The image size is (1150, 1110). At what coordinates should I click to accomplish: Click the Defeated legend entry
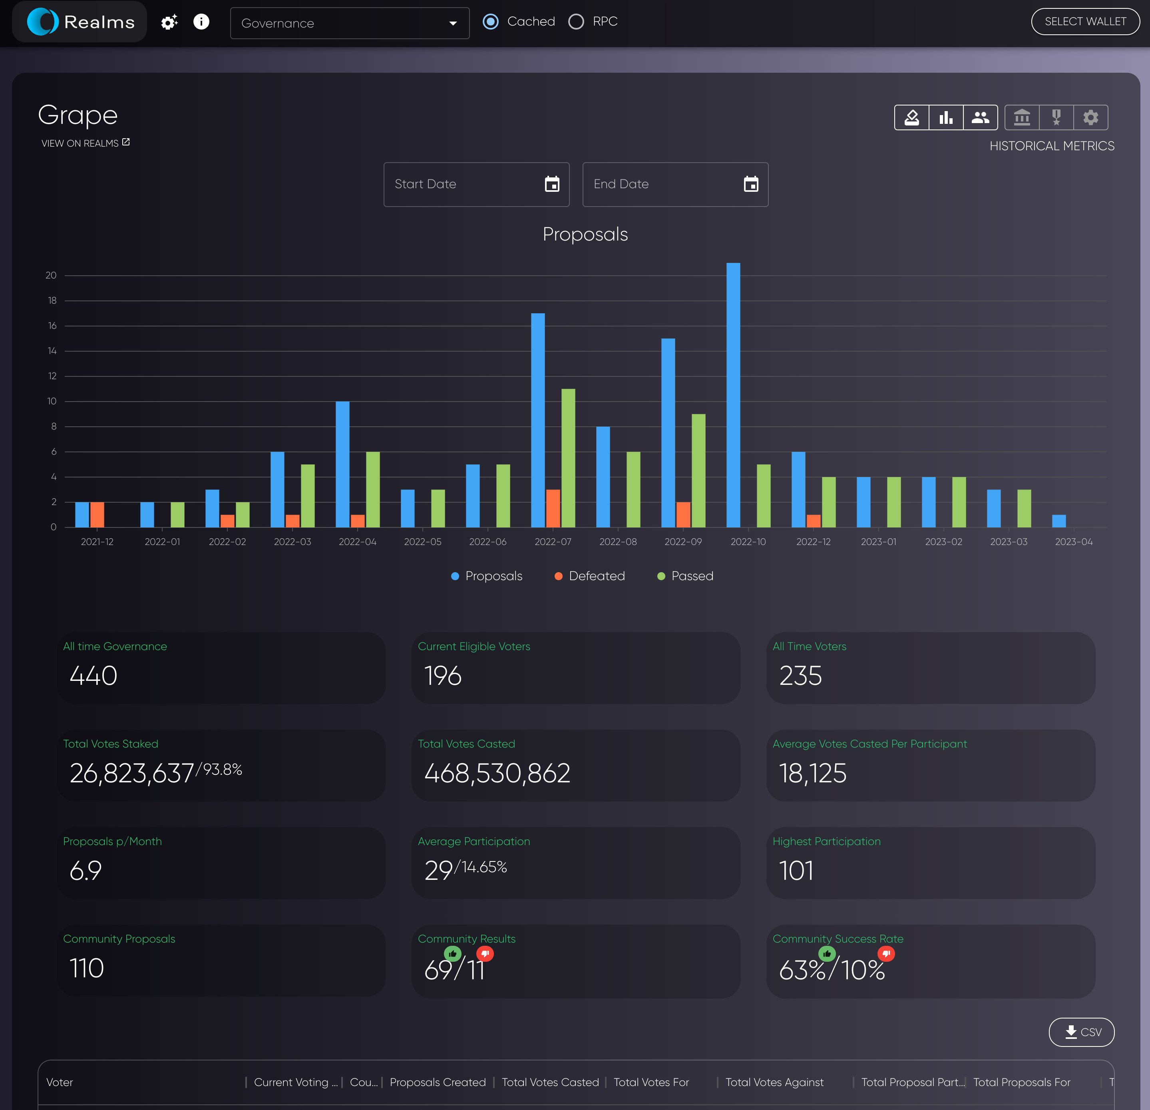(590, 576)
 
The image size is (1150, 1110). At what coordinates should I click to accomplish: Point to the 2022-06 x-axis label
(487, 541)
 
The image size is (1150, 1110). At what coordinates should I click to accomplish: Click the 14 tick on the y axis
(52, 351)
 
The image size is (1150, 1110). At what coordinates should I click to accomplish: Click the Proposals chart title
(585, 234)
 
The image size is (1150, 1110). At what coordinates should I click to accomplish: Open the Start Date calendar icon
(551, 184)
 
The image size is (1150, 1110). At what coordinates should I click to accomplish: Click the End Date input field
(663, 184)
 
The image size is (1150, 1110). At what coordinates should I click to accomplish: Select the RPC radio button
(576, 22)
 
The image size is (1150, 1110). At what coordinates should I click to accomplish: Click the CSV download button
(1081, 1032)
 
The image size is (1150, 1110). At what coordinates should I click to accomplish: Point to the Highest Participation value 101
(796, 871)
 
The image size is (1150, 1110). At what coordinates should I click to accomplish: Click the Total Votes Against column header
(774, 1082)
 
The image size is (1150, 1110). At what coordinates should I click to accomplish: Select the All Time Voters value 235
(800, 676)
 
